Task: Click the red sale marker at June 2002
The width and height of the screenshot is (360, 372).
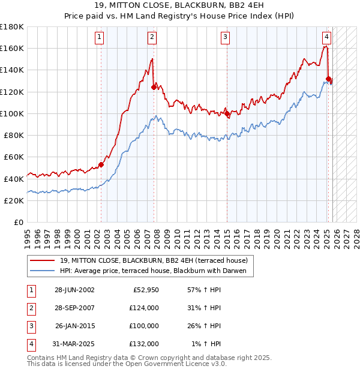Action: click(x=101, y=164)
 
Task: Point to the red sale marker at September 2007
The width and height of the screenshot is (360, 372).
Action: click(x=154, y=88)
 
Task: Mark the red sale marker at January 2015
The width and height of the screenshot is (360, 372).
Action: click(x=227, y=113)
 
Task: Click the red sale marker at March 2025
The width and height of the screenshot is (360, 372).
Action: click(x=328, y=79)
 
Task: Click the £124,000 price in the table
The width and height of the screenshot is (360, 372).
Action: click(x=144, y=308)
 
